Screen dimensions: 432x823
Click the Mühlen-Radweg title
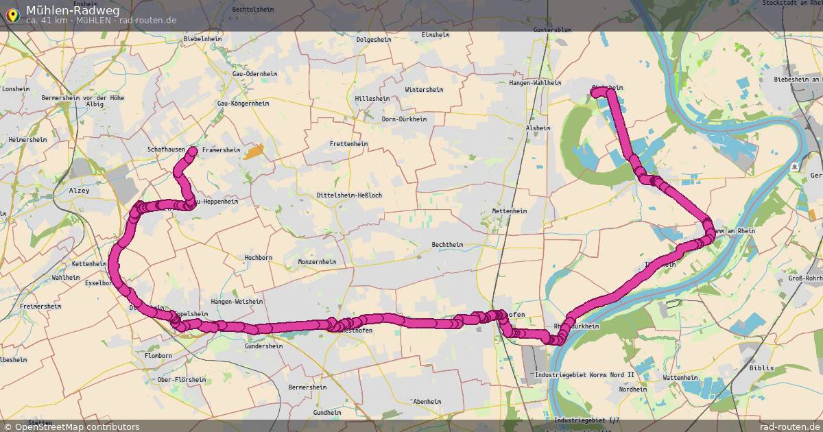click(73, 10)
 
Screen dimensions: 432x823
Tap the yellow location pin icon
click(12, 14)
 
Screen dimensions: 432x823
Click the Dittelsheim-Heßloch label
click(349, 195)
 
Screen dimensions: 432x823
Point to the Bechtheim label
click(447, 245)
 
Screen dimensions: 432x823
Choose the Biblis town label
click(761, 368)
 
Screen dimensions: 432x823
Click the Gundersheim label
click(263, 347)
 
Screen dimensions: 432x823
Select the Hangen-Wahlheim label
click(535, 83)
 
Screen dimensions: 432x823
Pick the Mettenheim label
click(509, 211)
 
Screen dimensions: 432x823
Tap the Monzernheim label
click(317, 262)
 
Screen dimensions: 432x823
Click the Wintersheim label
click(424, 90)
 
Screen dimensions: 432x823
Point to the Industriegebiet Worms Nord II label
click(575, 376)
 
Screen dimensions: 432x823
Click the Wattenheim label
click(680, 378)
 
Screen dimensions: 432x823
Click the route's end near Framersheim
click(193, 150)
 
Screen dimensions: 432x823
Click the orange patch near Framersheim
click(254, 152)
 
